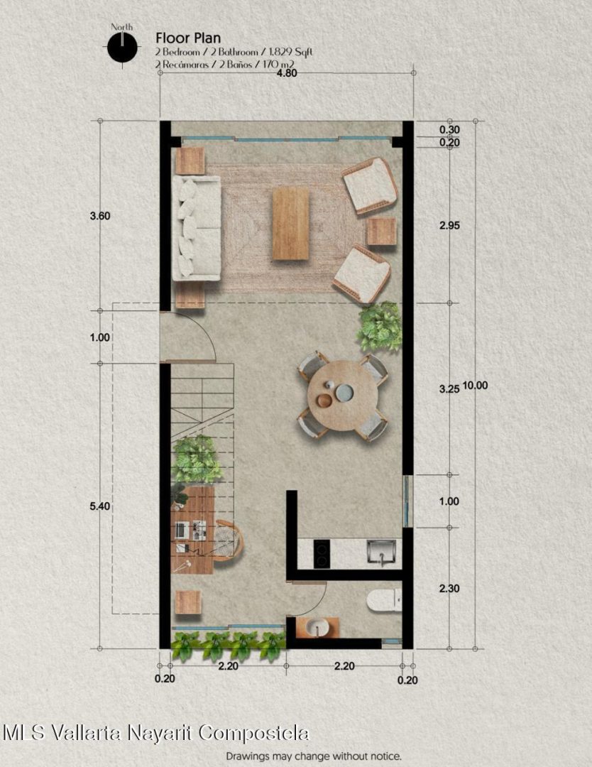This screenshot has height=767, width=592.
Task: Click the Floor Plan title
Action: tap(188, 38)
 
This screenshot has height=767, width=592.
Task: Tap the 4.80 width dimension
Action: tap(287, 73)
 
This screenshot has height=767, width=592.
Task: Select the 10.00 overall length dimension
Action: tap(475, 386)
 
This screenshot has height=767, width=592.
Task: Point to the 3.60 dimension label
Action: tap(100, 216)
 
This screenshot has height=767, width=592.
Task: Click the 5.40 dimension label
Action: tap(100, 506)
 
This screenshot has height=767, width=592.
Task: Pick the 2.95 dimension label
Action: tap(449, 226)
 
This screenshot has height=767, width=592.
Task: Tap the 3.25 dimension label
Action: tap(449, 389)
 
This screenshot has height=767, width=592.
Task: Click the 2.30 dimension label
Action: tap(449, 589)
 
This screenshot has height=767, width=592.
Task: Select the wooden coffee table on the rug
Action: tap(291, 224)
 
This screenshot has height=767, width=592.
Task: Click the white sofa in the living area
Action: tap(197, 229)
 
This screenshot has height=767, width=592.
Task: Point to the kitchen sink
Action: tap(381, 553)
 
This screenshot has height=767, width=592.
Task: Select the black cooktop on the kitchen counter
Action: tap(322, 554)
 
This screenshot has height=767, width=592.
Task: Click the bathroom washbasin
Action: tap(318, 628)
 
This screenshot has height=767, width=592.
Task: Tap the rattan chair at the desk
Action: tap(229, 540)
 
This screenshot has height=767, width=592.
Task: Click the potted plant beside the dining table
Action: tap(379, 326)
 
